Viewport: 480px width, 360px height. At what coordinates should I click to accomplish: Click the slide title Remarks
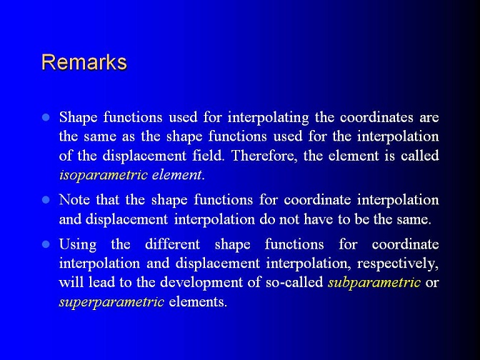[84, 62]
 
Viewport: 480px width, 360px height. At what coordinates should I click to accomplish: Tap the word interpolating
[268, 118]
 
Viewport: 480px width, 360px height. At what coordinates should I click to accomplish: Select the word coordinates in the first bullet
[376, 117]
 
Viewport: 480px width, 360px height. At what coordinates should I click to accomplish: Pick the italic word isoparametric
[104, 175]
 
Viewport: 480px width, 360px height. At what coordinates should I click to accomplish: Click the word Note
[74, 199]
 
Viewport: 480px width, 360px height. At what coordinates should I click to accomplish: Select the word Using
[78, 245]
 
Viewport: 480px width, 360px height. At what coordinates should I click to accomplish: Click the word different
[173, 244]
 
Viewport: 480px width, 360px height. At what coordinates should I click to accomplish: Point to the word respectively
[398, 264]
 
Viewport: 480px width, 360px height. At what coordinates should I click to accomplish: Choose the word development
[201, 282]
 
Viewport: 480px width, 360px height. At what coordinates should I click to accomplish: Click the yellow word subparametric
[374, 282]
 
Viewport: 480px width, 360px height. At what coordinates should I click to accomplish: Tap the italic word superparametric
[111, 302]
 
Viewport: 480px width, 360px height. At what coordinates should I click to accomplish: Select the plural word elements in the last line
[198, 301]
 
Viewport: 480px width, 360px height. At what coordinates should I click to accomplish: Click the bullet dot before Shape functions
[46, 118]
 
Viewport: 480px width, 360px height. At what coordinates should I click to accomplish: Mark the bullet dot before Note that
[46, 200]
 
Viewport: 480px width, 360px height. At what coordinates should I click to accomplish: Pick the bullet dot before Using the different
[46, 244]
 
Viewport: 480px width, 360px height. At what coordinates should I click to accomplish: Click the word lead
[101, 282]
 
